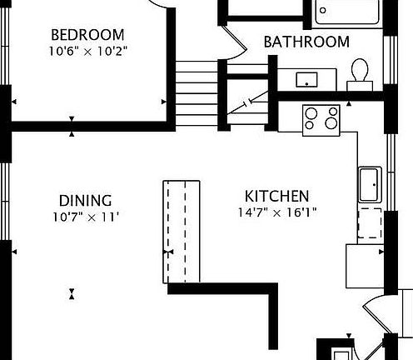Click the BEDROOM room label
point(87,35)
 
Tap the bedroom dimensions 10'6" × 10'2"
point(87,49)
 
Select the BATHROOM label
point(306,42)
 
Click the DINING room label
point(85,201)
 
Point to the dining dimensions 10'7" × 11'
point(85,217)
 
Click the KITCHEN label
point(276,197)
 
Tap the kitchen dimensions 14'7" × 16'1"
point(276,212)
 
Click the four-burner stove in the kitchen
point(321,119)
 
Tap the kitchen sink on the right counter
point(370,184)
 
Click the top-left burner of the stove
point(312,112)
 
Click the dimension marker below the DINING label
point(73,293)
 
